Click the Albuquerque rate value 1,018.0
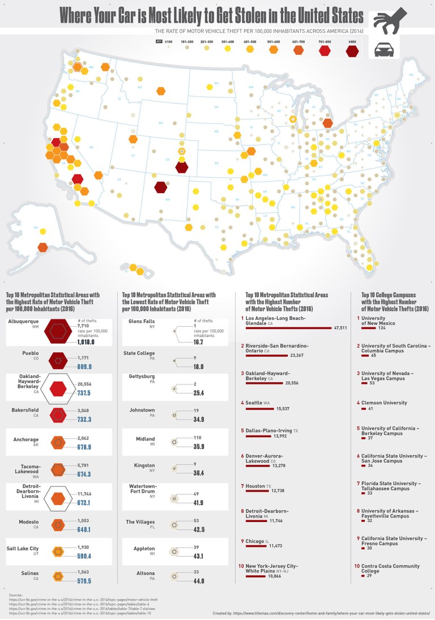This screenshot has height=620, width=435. (86, 343)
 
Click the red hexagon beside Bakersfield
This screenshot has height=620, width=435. (57, 415)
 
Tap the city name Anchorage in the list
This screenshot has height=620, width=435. (26, 439)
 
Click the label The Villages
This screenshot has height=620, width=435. (139, 521)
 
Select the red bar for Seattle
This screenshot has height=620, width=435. (266, 409)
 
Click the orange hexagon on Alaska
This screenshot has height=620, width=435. (42, 247)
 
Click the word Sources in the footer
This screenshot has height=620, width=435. (16, 595)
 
